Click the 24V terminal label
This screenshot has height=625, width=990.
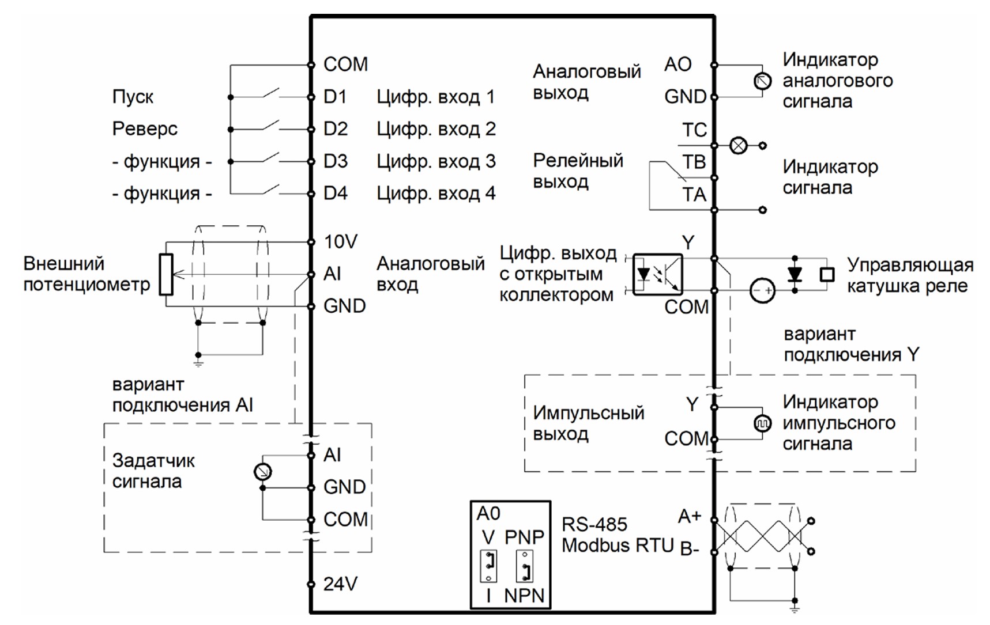pos(340,584)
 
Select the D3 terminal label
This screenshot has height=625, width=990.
pos(336,161)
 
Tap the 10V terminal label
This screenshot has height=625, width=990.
pos(340,242)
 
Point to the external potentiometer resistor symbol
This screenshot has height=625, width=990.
pos(166,275)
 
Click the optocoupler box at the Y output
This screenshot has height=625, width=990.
pos(657,275)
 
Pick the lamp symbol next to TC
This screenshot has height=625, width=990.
pos(738,145)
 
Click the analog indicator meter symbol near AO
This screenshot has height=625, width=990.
pos(762,81)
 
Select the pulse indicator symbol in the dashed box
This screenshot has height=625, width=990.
pos(762,424)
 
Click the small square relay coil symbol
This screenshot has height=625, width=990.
pos(827,274)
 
